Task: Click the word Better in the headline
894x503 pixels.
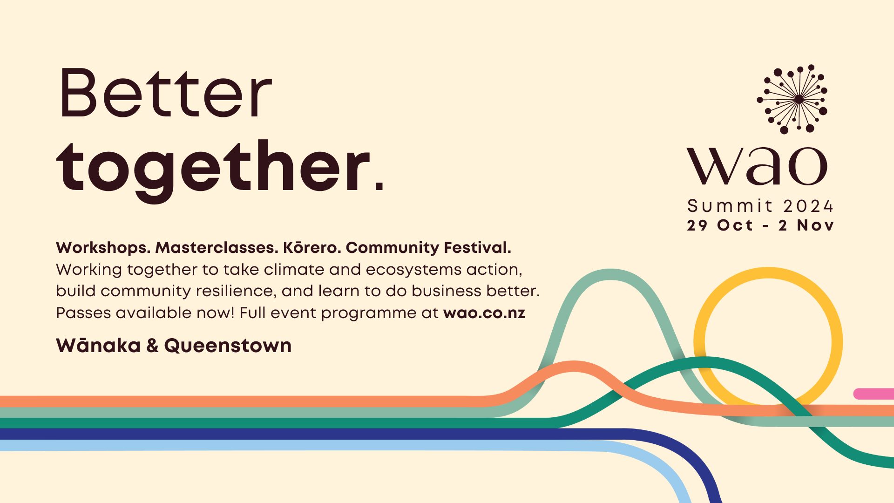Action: [x=165, y=93]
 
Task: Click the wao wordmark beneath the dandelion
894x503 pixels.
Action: [x=757, y=166]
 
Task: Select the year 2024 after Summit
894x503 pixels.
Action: [x=808, y=206]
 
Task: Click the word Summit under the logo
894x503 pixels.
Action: [x=730, y=206]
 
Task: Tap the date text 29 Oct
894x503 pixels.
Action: [x=720, y=225]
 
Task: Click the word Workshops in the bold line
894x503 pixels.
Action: [x=103, y=247]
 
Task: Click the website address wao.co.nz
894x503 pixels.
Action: [x=484, y=313]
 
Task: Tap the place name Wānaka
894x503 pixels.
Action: [x=98, y=346]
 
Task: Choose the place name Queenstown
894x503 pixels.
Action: [x=228, y=346]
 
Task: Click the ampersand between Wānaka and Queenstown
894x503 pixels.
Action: [x=152, y=346]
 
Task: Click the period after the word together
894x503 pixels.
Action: [x=379, y=187]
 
